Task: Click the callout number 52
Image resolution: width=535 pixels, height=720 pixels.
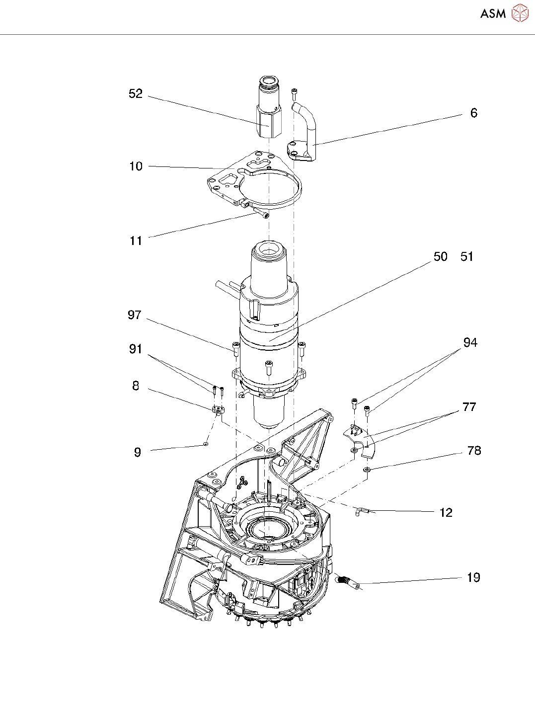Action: pos(136,94)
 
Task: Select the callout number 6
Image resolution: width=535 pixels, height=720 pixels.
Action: pos(474,113)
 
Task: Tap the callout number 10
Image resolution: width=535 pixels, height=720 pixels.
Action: pos(136,166)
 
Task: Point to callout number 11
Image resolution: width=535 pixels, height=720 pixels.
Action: pos(136,241)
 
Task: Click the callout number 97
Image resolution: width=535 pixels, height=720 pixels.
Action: pos(135,315)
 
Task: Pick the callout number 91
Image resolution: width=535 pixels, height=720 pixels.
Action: pos(136,349)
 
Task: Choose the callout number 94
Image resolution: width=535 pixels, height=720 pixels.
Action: pos(470,343)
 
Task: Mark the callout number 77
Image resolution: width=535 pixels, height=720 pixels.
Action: pos(469,407)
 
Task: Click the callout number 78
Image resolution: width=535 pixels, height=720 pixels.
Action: pos(474,451)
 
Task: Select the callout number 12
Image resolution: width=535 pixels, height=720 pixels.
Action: pos(446,513)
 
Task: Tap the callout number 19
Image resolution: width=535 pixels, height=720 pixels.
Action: pos(473,578)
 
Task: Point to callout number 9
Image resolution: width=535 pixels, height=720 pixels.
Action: pos(138,452)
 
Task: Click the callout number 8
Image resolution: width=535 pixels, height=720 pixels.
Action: pos(136,386)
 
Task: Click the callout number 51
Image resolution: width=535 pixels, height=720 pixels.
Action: pos(467,257)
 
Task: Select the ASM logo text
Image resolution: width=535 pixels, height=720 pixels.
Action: pos(493,14)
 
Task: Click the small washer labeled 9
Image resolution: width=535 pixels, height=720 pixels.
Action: pos(205,444)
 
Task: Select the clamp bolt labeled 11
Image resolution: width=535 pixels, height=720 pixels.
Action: pos(262,214)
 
